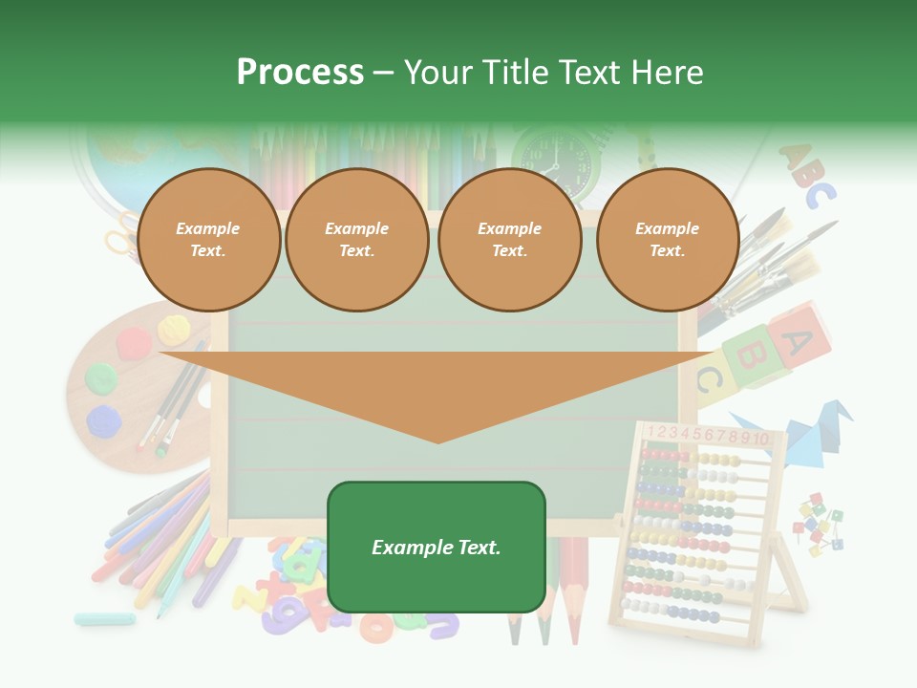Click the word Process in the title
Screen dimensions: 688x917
pos(300,73)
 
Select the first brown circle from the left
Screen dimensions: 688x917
pos(208,240)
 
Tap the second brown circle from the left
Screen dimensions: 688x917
pos(356,240)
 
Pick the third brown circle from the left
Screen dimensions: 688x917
pos(509,240)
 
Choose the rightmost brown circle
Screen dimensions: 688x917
pos(667,240)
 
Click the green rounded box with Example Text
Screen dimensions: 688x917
pos(437,547)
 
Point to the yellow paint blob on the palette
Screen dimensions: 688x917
pos(174,331)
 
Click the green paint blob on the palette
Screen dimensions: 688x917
pos(102,377)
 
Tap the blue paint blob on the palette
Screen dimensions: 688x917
pos(103,420)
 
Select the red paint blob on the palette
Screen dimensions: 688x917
pos(133,340)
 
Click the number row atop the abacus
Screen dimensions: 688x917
pos(708,436)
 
